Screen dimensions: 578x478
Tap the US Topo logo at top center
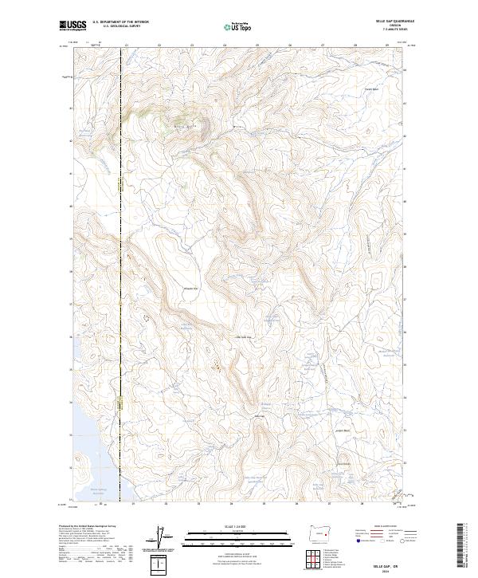point(238,26)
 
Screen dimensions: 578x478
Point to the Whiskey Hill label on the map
point(189,288)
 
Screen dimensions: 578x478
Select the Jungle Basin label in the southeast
point(344,431)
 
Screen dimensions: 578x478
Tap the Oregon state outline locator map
point(319,533)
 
